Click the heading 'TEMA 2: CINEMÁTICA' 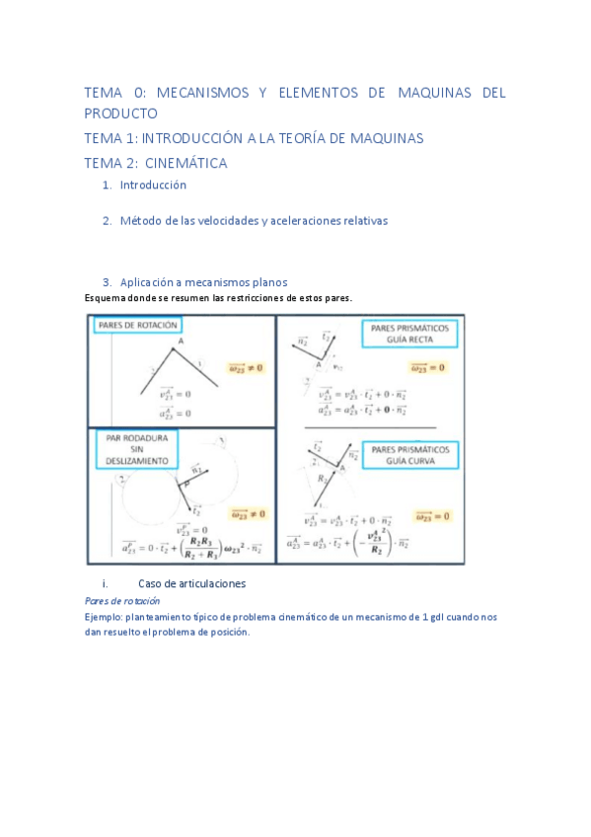pyautogui.click(x=156, y=163)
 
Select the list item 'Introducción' pyautogui.click(x=153, y=185)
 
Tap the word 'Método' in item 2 pyautogui.click(x=140, y=221)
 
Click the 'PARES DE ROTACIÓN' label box pyautogui.click(x=138, y=325)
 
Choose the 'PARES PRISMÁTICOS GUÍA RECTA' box pyautogui.click(x=409, y=333)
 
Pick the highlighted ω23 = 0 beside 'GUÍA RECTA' pyautogui.click(x=427, y=368)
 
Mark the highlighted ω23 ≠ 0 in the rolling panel pyautogui.click(x=247, y=513)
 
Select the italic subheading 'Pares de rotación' pyautogui.click(x=122, y=600)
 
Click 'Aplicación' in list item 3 pyautogui.click(x=148, y=282)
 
